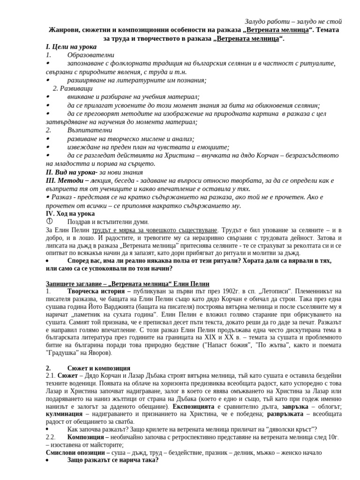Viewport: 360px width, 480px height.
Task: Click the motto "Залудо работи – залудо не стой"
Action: point(293,22)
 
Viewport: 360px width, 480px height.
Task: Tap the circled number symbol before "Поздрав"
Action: point(49,221)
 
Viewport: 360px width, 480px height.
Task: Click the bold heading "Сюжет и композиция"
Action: point(99,368)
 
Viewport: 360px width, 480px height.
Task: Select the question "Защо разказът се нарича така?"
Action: point(113,460)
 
